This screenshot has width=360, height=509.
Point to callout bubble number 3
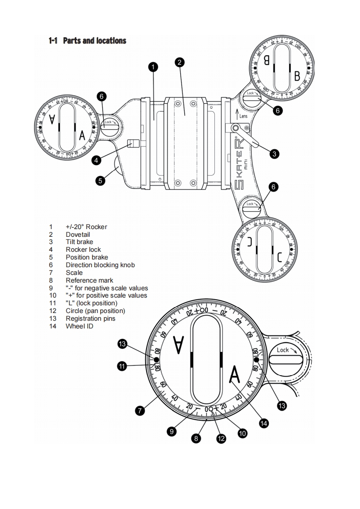274,154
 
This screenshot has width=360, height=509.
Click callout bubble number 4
96,160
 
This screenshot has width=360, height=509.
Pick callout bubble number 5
102,180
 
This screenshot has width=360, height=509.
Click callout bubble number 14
263,423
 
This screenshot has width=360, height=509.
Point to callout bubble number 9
172,431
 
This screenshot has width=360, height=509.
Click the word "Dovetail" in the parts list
78,235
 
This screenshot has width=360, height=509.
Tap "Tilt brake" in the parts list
79,242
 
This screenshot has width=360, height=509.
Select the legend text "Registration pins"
90,318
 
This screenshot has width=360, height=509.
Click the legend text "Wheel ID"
79,326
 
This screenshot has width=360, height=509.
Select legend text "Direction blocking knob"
100,265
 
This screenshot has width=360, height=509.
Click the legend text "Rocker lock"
83,250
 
